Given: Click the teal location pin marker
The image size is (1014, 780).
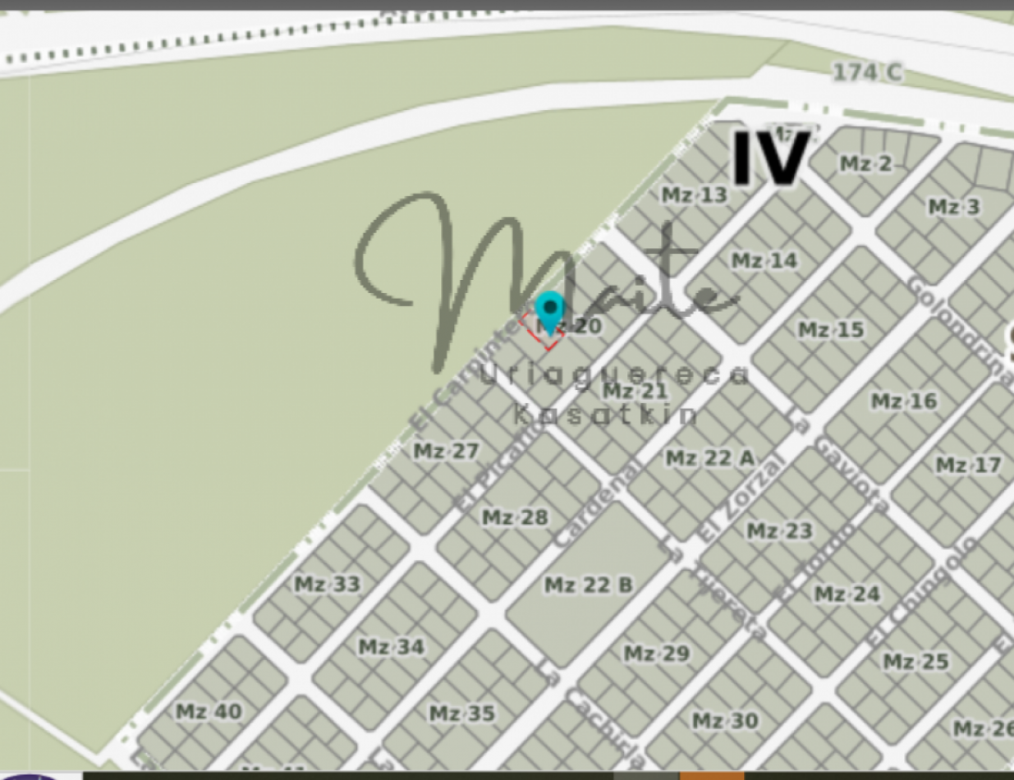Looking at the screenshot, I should [x=549, y=311].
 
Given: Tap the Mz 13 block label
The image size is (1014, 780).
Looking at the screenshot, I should [x=695, y=195].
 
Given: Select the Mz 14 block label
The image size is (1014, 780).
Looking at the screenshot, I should [x=764, y=261].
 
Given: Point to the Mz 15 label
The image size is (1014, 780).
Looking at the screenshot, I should [x=831, y=330].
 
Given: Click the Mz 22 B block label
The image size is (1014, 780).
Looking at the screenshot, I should [x=589, y=585].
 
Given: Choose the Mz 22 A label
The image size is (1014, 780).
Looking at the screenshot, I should [x=709, y=458].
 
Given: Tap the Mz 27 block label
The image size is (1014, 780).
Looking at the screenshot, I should [x=446, y=452].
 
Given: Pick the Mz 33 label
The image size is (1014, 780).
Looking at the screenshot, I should [x=328, y=585].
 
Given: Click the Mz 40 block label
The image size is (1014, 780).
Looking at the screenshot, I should [x=209, y=711].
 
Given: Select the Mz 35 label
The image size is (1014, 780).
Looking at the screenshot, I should [x=462, y=713].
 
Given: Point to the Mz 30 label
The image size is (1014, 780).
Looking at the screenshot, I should [x=725, y=721].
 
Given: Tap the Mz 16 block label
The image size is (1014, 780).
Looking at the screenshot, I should [x=903, y=401].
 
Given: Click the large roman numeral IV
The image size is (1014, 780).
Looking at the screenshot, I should [x=769, y=157].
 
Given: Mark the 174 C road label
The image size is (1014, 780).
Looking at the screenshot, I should [x=867, y=73].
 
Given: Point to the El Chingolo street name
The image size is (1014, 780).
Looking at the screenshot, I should [x=925, y=591].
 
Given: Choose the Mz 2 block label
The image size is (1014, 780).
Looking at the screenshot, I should [x=865, y=164].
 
